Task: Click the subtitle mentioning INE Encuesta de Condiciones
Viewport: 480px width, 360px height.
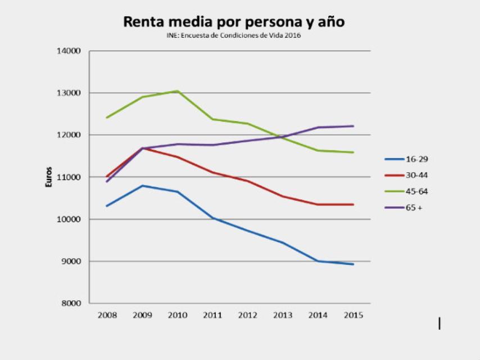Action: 234,36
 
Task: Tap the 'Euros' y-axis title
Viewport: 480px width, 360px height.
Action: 50,177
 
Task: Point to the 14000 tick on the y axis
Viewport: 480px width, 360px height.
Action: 69,51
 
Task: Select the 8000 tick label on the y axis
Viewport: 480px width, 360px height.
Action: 71,304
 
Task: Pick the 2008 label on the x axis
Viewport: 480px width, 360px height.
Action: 107,315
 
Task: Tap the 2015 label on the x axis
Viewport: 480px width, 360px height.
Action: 353,315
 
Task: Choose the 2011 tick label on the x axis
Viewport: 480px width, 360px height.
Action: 212,315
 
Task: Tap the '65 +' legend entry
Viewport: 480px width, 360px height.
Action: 407,208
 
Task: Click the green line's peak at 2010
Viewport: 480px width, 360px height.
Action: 177,91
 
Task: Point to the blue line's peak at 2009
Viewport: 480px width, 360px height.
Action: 142,186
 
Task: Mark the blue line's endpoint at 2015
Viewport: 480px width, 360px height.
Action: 353,264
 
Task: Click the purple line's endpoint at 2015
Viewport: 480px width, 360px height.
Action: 353,126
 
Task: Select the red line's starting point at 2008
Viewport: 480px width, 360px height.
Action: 107,177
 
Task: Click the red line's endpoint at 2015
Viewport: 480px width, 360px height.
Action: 353,204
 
